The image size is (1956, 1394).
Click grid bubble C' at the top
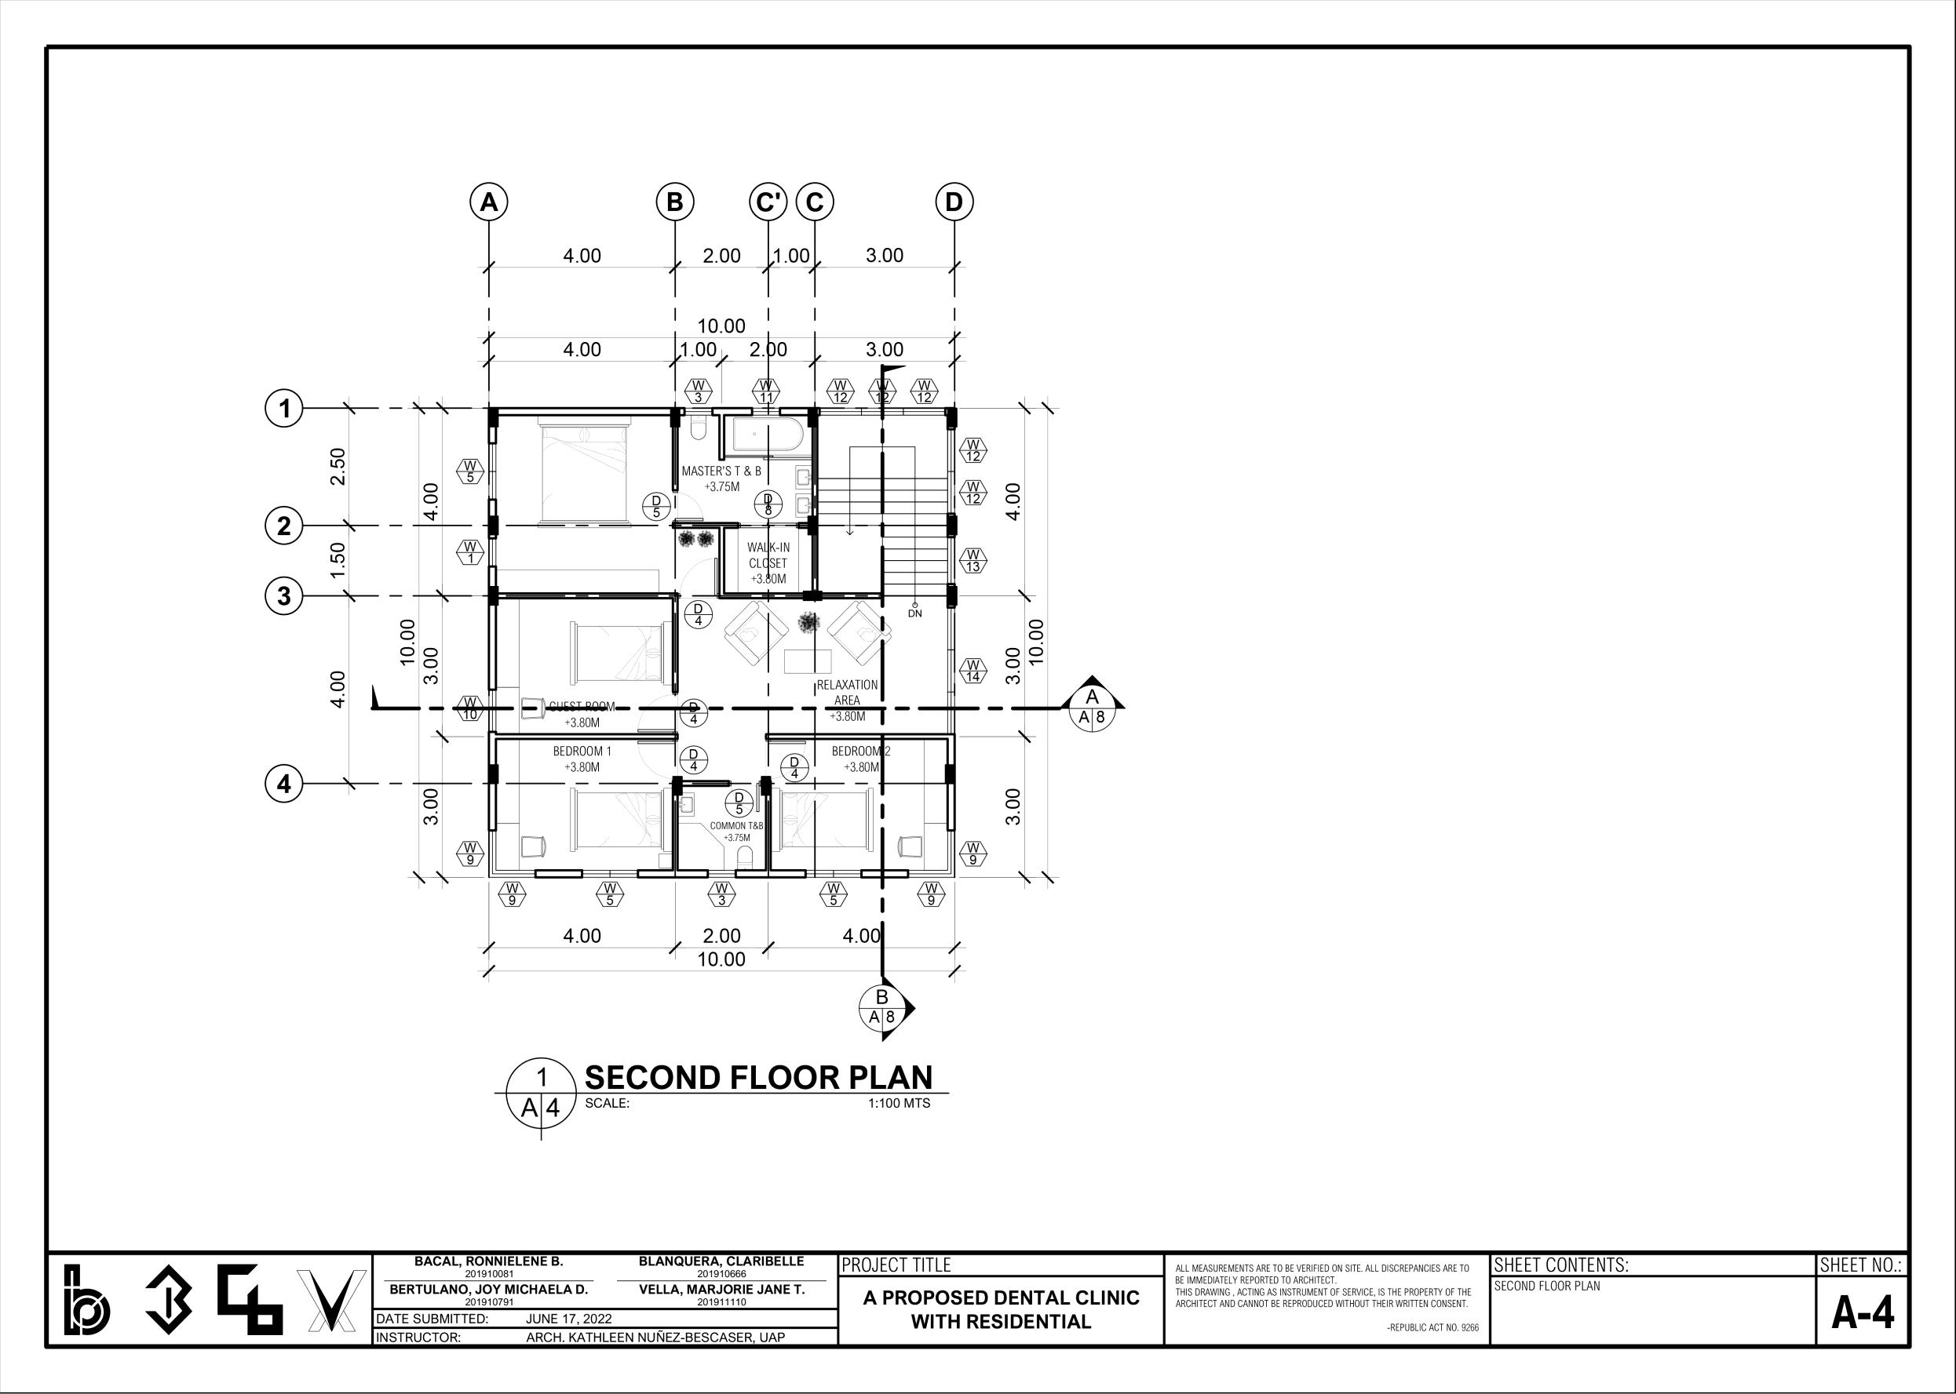pyautogui.click(x=768, y=202)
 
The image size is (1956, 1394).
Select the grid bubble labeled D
pyautogui.click(x=954, y=202)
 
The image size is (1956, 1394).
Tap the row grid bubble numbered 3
pyautogui.click(x=284, y=595)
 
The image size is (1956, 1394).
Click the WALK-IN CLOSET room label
pyautogui.click(x=768, y=563)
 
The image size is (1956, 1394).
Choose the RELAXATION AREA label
pyautogui.click(x=847, y=701)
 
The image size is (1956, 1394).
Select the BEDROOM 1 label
pyautogui.click(x=582, y=759)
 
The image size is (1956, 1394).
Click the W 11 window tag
pyautogui.click(x=767, y=391)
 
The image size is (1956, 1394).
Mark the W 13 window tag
pyautogui.click(x=973, y=562)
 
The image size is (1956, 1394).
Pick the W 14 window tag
pyautogui.click(x=973, y=671)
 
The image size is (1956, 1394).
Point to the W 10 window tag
pyautogui.click(x=469, y=709)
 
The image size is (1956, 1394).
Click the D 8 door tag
pyautogui.click(x=768, y=504)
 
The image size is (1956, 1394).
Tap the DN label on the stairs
pyautogui.click(x=915, y=613)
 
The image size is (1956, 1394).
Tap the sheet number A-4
pyautogui.click(x=1863, y=1314)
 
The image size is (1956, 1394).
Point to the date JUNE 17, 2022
pyautogui.click(x=567, y=1319)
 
